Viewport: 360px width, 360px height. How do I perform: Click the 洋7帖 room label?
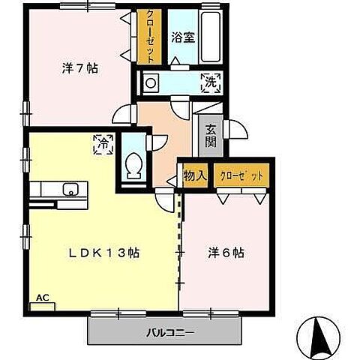[79, 68]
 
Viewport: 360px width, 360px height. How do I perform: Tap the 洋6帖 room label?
[226, 253]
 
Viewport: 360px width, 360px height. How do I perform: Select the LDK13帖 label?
[104, 253]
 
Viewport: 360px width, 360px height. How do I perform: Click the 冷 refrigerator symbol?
[103, 144]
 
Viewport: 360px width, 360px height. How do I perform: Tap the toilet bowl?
[135, 165]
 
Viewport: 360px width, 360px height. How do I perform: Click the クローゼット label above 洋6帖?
[241, 176]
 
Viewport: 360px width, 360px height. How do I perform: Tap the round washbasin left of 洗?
[150, 83]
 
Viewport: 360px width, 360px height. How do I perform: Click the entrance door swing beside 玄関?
[235, 130]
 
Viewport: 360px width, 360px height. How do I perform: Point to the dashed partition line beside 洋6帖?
[179, 240]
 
